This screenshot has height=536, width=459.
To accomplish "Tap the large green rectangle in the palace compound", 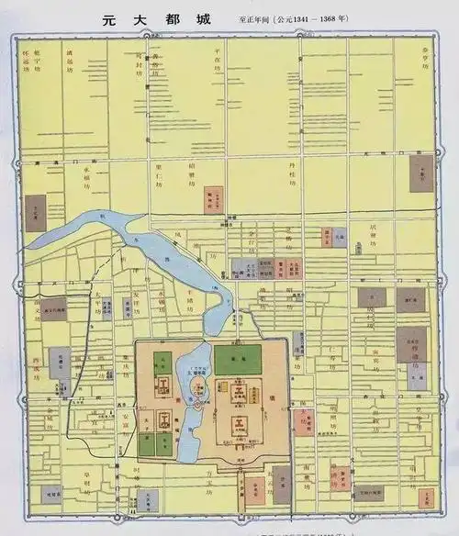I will pos(237,359).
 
